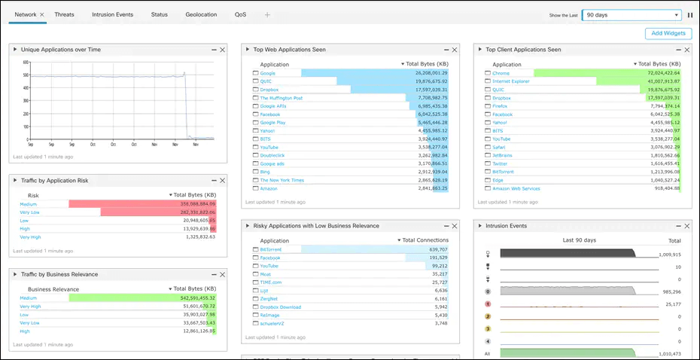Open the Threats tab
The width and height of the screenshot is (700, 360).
[x=64, y=14]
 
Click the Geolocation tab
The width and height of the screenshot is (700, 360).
[x=201, y=14]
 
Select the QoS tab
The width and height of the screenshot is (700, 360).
[x=240, y=14]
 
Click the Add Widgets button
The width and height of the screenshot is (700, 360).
[x=668, y=33]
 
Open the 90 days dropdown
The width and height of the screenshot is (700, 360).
[x=632, y=14]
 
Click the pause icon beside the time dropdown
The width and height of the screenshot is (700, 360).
[x=690, y=14]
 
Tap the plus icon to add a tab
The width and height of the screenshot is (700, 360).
[x=267, y=15]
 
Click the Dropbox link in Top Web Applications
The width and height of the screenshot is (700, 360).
[x=269, y=90]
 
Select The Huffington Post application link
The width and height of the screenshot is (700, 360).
[x=281, y=98]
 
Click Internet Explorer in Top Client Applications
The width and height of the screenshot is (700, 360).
[x=512, y=81]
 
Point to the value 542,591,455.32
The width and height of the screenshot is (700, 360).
[x=193, y=298]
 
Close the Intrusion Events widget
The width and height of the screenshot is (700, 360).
[x=686, y=226]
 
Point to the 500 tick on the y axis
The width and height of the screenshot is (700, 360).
[x=25, y=75]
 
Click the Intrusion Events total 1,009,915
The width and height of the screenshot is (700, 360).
[x=668, y=255]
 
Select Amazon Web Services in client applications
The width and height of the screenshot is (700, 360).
[x=516, y=188]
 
